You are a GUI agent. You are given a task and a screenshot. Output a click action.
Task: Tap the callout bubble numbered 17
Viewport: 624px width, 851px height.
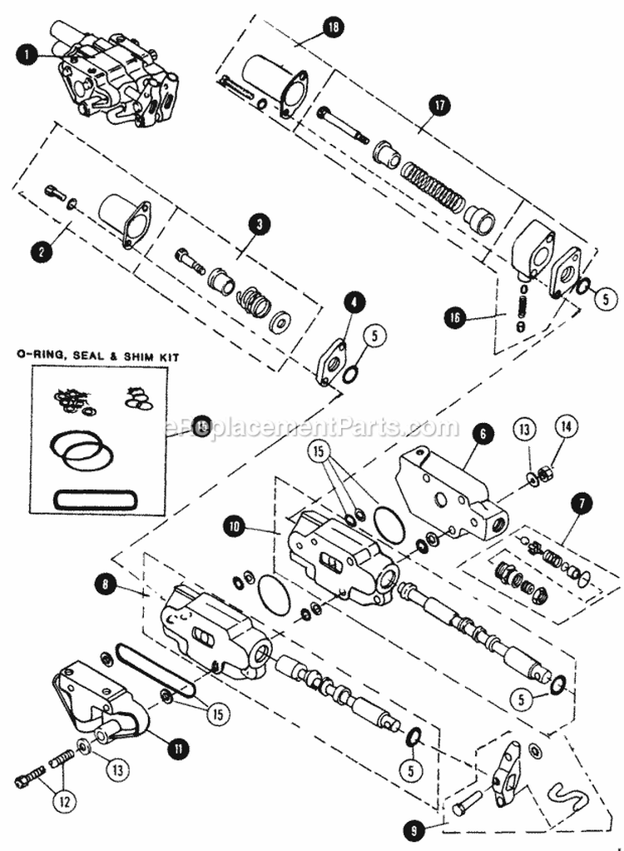coord(438,105)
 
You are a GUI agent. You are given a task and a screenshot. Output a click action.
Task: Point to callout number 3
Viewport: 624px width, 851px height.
coord(260,224)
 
